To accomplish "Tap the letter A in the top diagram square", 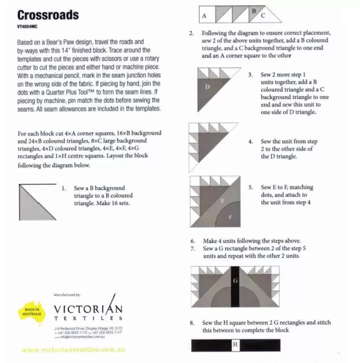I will click(x=204, y=16).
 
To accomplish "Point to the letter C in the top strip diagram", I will click(x=263, y=16).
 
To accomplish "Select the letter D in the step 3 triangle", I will click(x=207, y=87).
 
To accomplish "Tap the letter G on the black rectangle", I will click(x=235, y=281).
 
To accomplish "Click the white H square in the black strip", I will click(x=235, y=345).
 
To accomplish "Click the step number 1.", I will click(x=64, y=188).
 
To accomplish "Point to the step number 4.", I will click(x=250, y=141).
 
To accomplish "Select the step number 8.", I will click(x=192, y=323).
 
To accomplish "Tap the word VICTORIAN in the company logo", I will click(x=88, y=309).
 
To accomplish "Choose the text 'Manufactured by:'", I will click(x=67, y=295).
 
